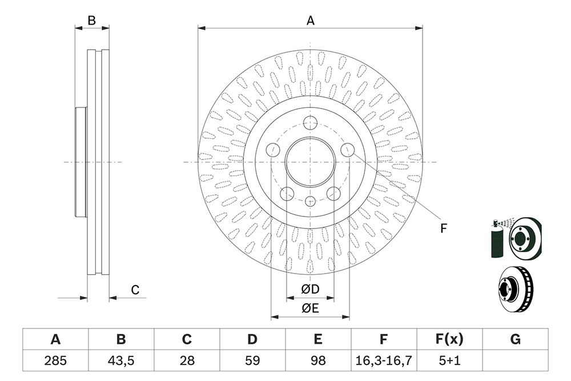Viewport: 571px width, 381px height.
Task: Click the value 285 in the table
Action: (55, 360)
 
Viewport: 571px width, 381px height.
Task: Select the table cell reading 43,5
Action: (121, 360)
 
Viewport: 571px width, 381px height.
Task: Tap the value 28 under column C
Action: (187, 360)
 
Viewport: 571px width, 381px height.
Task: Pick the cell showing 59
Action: (252, 360)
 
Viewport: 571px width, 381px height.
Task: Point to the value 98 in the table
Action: (318, 360)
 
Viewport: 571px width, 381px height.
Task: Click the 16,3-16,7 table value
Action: (384, 360)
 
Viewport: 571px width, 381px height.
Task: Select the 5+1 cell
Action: (449, 360)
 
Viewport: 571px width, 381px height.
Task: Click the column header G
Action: (515, 339)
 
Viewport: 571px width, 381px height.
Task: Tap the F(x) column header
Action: (449, 339)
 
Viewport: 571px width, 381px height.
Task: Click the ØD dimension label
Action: (310, 289)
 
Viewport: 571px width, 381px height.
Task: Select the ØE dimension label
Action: (310, 308)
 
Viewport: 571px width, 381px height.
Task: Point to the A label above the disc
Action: (310, 21)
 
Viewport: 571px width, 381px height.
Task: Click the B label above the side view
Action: (92, 21)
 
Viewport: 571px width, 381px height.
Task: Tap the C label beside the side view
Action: (135, 290)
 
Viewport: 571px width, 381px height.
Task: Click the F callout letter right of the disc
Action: (443, 228)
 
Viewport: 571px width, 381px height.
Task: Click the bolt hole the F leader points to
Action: (347, 149)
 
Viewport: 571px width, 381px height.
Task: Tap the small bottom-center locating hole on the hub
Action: (310, 200)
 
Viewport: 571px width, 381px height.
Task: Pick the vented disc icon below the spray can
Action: (516, 289)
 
